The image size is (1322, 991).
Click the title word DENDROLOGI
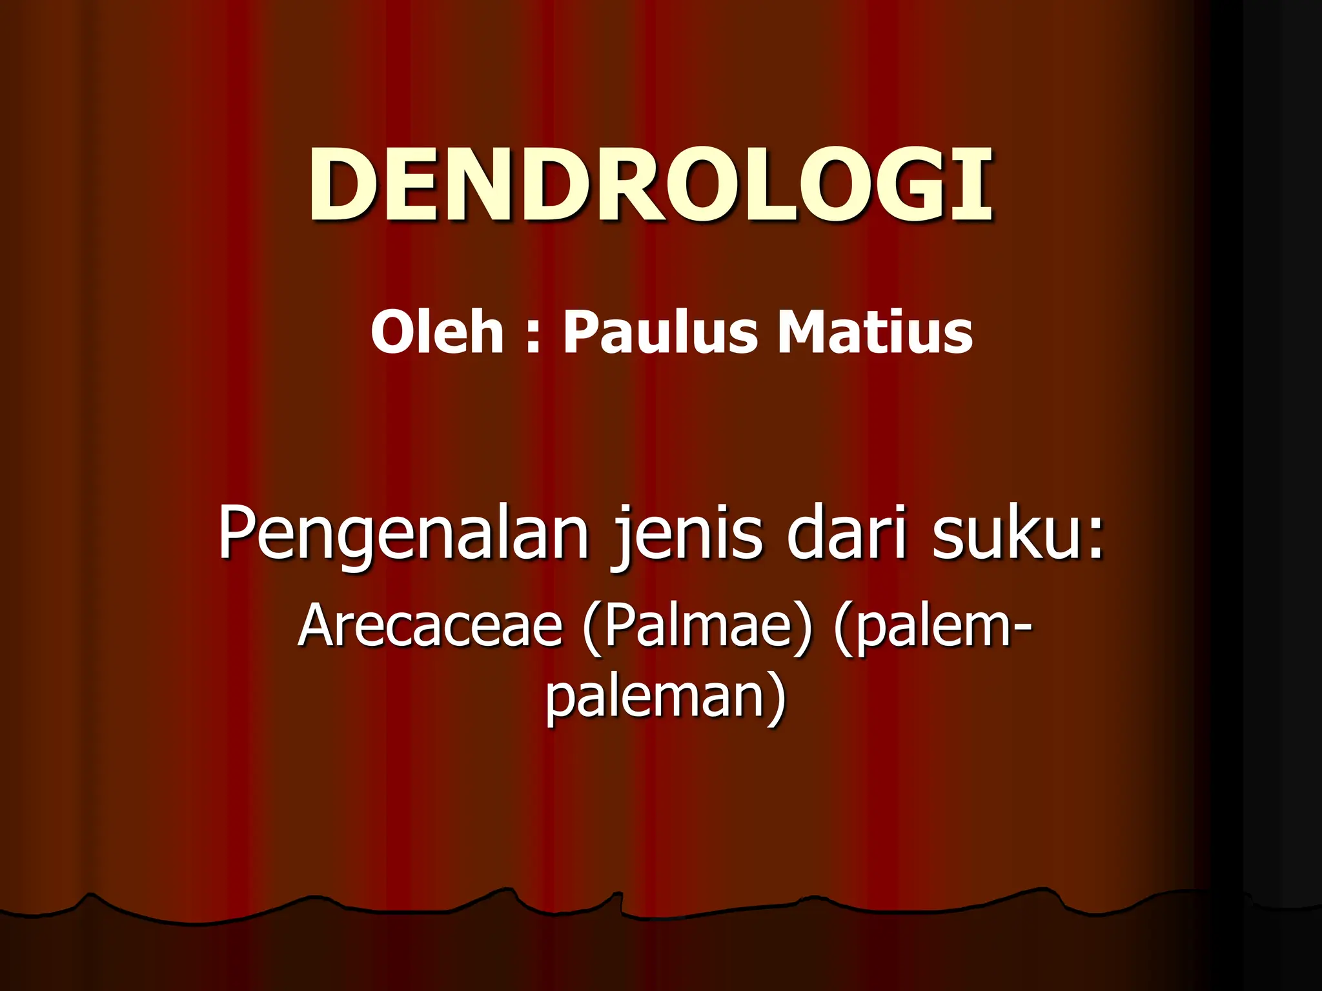(651, 185)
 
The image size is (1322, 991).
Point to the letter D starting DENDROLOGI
(342, 185)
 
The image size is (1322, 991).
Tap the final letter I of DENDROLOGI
(977, 185)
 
